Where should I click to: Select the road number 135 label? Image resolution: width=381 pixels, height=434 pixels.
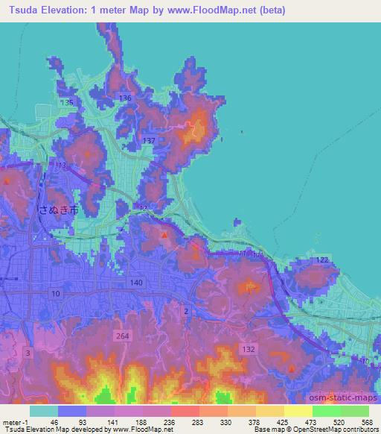(68, 101)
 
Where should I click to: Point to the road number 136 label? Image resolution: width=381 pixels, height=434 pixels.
(125, 98)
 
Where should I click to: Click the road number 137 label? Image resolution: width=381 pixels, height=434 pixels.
(149, 141)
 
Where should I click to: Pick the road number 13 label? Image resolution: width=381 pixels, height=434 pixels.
(61, 164)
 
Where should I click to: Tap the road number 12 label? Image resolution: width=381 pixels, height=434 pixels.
(144, 208)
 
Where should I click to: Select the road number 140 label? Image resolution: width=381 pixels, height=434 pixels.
(135, 283)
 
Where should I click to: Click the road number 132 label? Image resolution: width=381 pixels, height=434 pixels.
(249, 348)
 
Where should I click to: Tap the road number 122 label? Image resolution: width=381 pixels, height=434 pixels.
(321, 259)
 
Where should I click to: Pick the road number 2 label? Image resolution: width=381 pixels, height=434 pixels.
(186, 309)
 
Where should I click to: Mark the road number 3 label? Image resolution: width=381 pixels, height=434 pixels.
(28, 351)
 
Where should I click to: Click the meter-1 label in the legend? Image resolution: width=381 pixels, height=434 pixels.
(14, 421)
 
